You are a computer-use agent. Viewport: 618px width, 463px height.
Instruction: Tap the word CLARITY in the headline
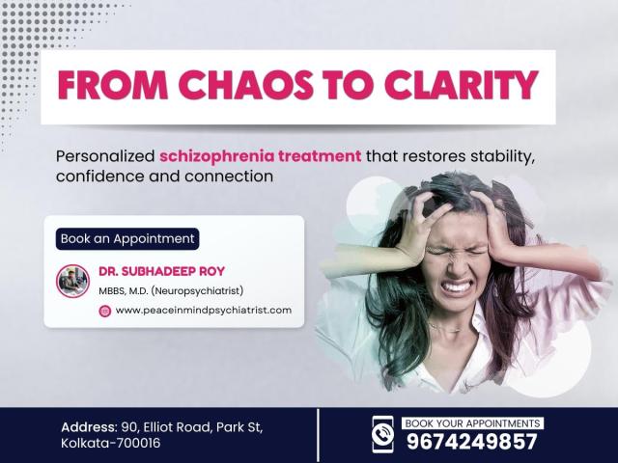pos(462,85)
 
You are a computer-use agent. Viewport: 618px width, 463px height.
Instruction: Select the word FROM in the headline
pos(113,85)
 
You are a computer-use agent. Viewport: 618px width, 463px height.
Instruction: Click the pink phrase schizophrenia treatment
pos(260,156)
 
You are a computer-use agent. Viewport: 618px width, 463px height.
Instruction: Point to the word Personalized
pos(105,156)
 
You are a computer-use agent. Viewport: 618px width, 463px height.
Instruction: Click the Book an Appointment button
pos(127,238)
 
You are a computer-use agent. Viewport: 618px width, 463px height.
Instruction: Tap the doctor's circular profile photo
pos(72,281)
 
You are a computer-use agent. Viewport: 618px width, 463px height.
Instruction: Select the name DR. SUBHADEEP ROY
pos(161,271)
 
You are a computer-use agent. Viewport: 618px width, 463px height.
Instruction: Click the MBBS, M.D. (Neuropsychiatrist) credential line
pos(171,291)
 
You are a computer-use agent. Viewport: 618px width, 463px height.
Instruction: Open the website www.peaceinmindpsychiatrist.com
pos(204,311)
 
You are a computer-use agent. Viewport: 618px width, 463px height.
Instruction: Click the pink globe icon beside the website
pos(105,311)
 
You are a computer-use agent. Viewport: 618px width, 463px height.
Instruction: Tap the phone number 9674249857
pos(472,442)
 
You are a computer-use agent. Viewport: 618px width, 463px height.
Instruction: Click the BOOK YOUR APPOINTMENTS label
pos(472,423)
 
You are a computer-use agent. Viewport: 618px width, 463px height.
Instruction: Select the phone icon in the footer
pos(382,434)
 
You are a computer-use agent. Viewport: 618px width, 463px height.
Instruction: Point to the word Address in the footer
pos(88,427)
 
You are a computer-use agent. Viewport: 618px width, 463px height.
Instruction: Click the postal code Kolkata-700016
pos(111,444)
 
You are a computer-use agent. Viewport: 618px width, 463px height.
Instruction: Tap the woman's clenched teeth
pos(457,286)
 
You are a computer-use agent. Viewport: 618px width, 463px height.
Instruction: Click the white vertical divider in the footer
pos(318,435)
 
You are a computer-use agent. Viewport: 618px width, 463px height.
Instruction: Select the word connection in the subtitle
pos(229,176)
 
